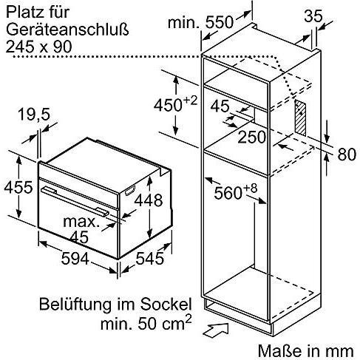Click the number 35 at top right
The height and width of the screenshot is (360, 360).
coord(313,15)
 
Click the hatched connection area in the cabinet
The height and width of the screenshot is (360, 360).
coord(299,116)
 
